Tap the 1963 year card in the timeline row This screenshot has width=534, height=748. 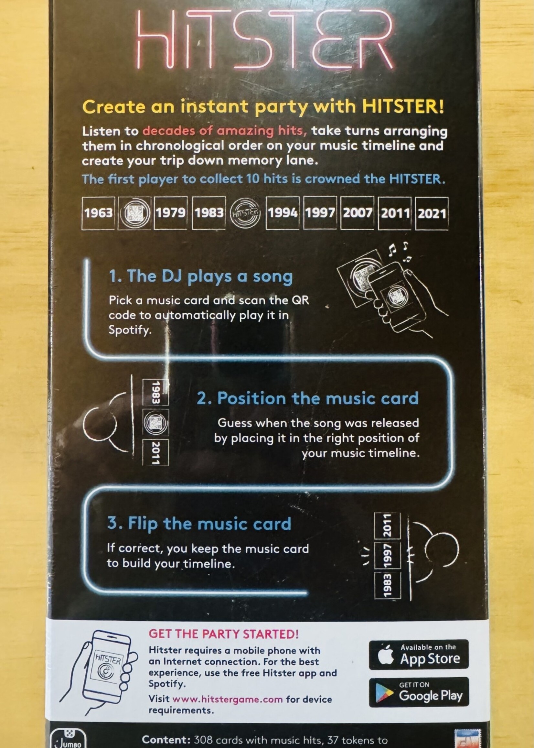(x=98, y=213)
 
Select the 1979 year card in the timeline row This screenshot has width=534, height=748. (x=170, y=213)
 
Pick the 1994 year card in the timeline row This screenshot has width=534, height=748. (x=283, y=213)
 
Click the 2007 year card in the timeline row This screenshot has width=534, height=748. (x=358, y=213)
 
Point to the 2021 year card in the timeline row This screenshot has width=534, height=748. (x=432, y=213)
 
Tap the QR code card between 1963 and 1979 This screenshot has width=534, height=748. (x=134, y=213)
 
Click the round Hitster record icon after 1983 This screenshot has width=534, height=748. (x=245, y=213)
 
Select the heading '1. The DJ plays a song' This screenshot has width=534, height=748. (x=201, y=276)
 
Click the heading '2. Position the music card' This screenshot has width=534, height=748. (x=307, y=398)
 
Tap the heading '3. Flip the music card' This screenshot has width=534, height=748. (x=199, y=523)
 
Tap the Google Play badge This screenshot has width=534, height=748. (x=419, y=692)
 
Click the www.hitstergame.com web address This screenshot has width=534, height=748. (x=227, y=699)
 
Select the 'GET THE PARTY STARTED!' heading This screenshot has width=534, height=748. (x=224, y=634)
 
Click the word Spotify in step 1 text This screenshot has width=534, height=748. (x=129, y=330)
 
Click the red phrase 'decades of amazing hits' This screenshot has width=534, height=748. (x=225, y=131)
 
